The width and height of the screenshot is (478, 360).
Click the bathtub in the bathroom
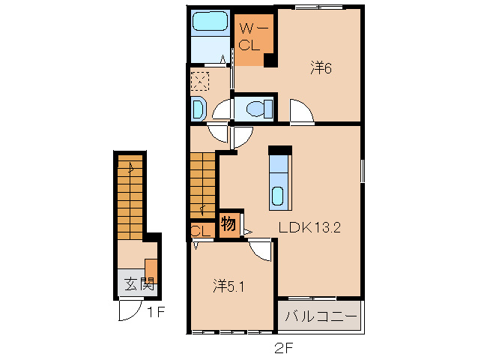coord(210,21)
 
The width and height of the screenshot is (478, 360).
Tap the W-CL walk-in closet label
coord(254,37)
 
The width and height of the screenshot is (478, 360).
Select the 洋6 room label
coord(321,67)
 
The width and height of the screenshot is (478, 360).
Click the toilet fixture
coord(259,109)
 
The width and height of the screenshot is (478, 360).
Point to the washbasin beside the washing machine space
coord(199,109)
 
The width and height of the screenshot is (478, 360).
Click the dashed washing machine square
coord(200,81)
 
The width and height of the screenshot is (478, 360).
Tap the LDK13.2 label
coord(309,227)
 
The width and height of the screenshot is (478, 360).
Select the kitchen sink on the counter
coord(278,196)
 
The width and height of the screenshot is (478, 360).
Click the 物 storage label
coord(229,223)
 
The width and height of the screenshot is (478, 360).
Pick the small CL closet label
coord(201,231)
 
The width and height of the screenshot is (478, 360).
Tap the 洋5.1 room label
coord(229,286)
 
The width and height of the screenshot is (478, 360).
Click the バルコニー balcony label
coord(321,316)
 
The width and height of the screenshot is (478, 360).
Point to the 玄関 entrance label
coord(139,284)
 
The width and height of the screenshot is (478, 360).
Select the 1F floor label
coord(156,312)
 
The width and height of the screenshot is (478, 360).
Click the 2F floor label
coord(284,348)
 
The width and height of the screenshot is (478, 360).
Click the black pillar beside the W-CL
coord(270,60)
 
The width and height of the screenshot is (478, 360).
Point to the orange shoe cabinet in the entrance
coord(151,271)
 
